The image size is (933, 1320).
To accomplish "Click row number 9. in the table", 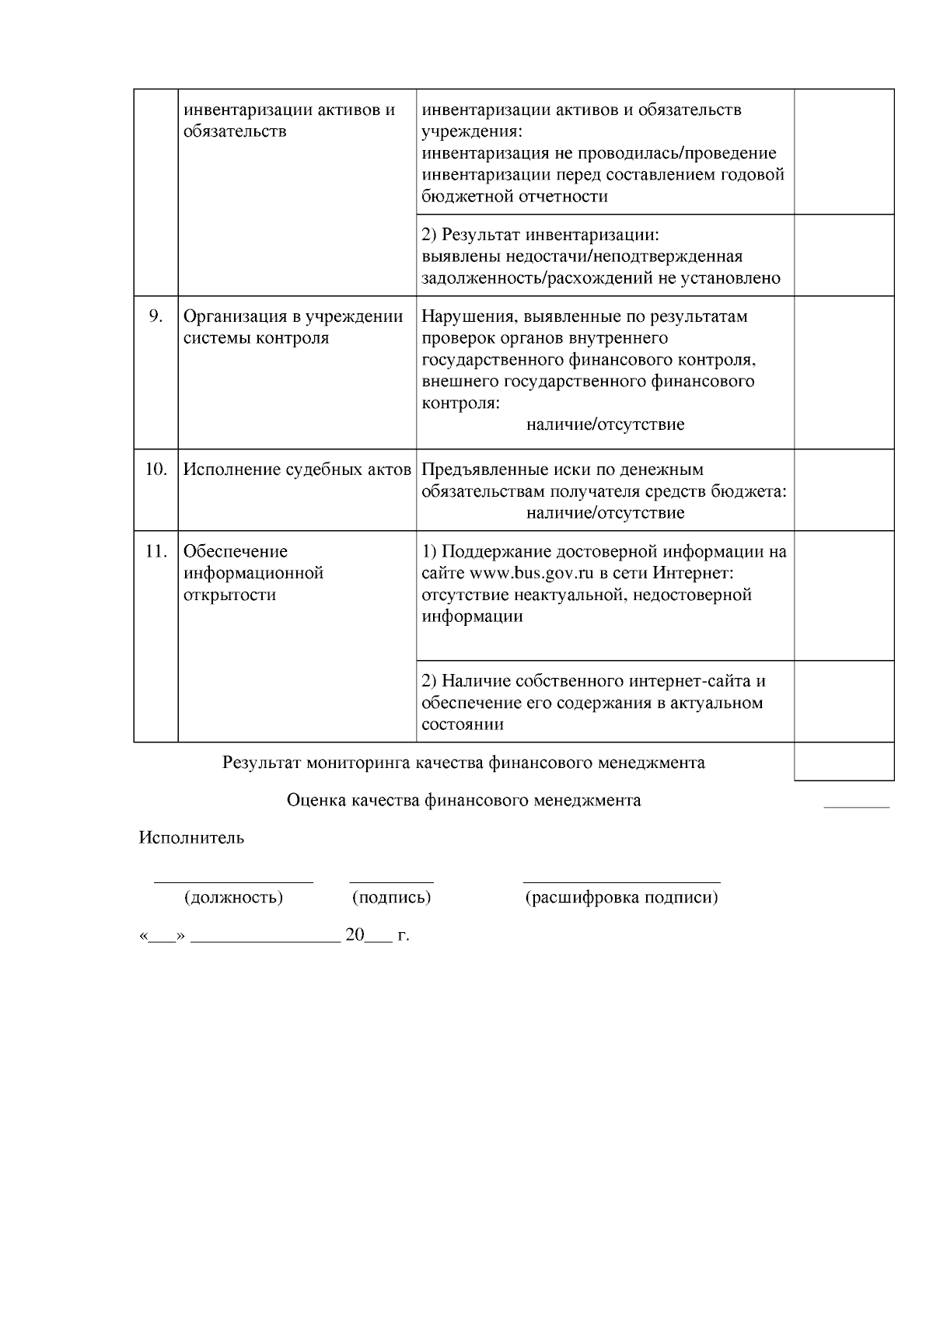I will tap(155, 316).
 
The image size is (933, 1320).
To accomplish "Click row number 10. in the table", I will tap(155, 470).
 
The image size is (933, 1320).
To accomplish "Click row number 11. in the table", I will tap(155, 552).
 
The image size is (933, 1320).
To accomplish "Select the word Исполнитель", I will tap(191, 838).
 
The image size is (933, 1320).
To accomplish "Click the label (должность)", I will tap(233, 898).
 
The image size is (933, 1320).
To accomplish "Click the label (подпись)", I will tap(392, 898).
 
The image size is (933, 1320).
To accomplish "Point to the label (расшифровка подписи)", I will tap(621, 898).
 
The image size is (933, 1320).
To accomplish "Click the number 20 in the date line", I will tap(355, 935).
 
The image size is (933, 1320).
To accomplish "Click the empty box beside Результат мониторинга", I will tap(844, 762).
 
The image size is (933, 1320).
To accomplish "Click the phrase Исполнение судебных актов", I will tap(297, 470).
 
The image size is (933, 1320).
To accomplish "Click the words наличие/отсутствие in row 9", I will tap(605, 425).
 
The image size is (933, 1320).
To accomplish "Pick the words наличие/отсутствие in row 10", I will tap(605, 513).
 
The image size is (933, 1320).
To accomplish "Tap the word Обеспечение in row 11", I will tap(236, 552).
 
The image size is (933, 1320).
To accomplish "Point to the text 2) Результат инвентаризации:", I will tap(540, 235).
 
